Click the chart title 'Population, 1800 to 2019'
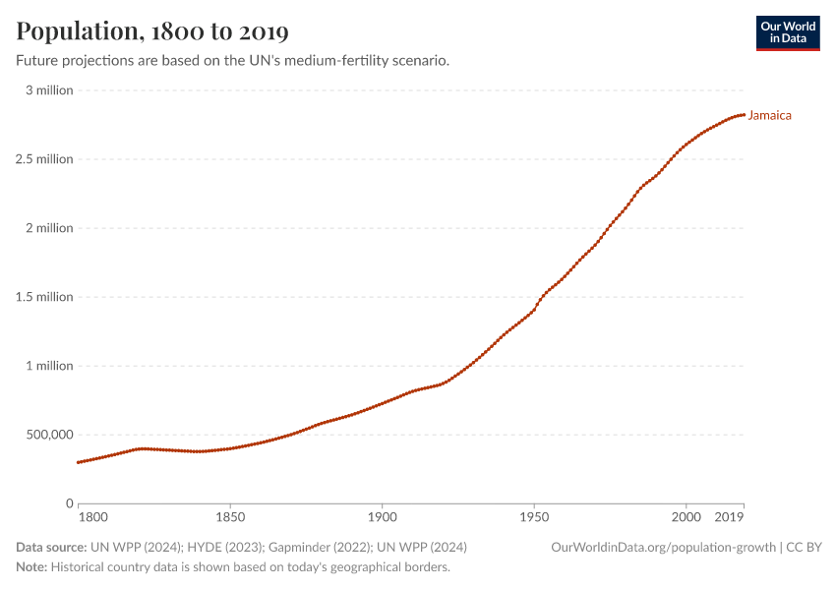point(152,31)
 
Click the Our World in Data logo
point(787,32)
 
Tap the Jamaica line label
point(769,115)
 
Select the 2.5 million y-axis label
point(44,159)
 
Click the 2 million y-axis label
point(48,228)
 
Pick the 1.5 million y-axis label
point(44,297)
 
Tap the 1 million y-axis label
point(48,366)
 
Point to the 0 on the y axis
point(69,503)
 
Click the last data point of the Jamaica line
point(744,115)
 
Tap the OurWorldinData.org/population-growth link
point(663,547)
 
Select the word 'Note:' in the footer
point(31,567)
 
